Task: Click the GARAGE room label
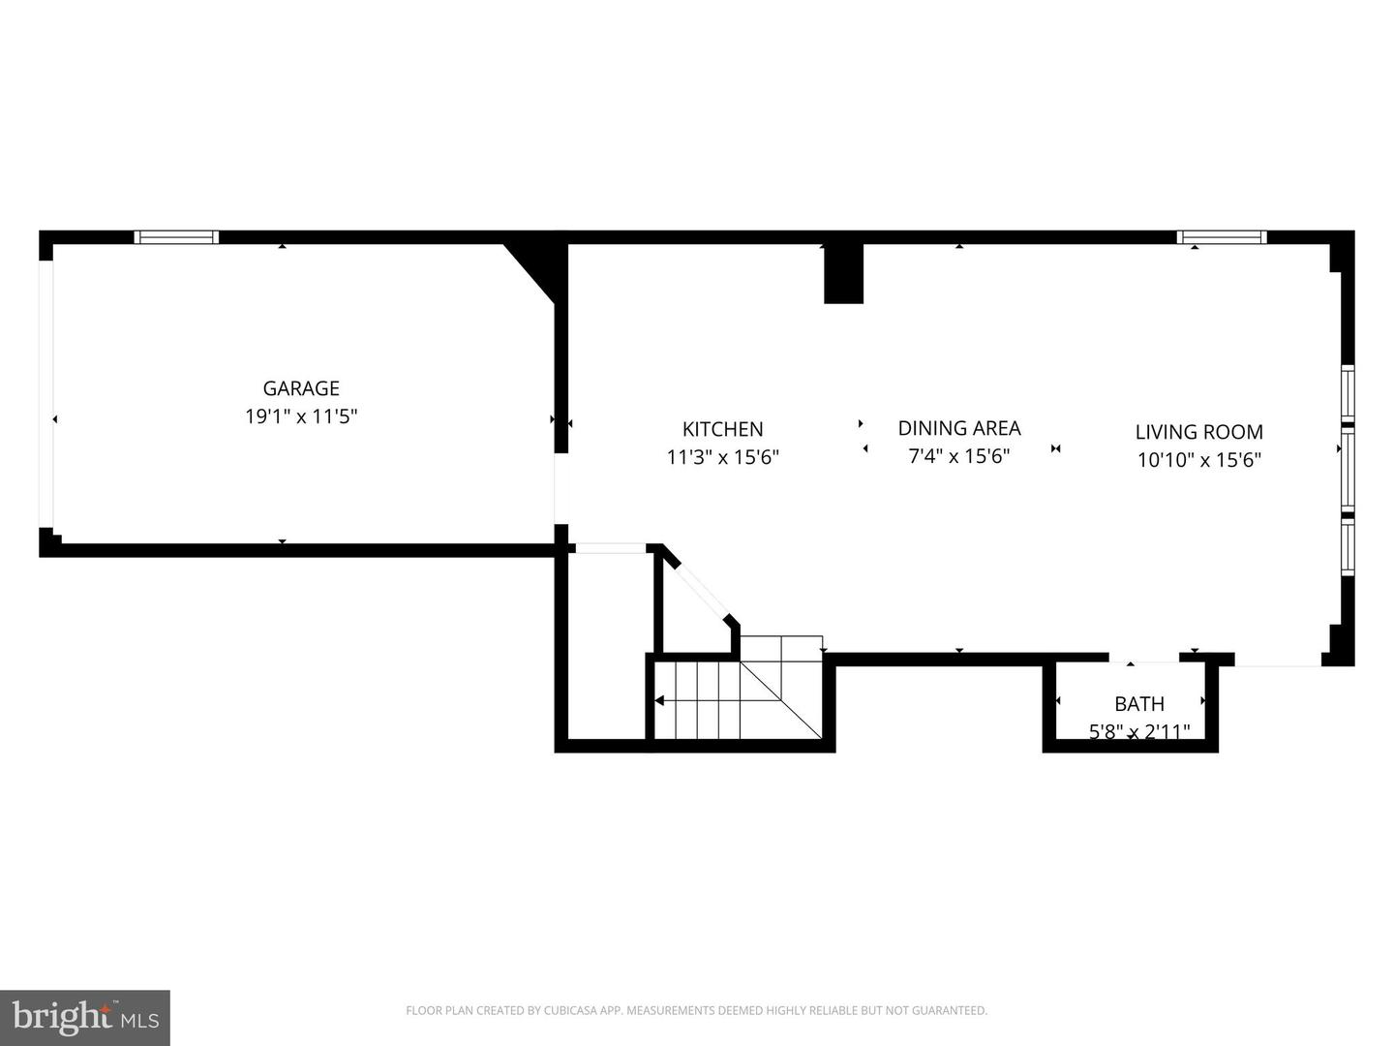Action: pos(301,388)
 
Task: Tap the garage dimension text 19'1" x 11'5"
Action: pos(301,416)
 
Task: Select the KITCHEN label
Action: pos(722,429)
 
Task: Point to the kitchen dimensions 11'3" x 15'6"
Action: pos(722,457)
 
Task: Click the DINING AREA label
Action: pos(958,428)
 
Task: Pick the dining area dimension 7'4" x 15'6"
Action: pos(958,456)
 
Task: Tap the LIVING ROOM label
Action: pos(1198,432)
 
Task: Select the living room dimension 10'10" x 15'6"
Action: pos(1198,460)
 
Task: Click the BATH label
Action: pos(1138,704)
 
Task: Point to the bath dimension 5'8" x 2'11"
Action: pos(1138,731)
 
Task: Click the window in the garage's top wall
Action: pos(176,237)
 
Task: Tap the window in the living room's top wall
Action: pos(1222,237)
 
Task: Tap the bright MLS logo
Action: pos(85,1017)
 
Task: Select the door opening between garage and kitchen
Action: pos(560,489)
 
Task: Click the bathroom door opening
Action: pos(1144,661)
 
